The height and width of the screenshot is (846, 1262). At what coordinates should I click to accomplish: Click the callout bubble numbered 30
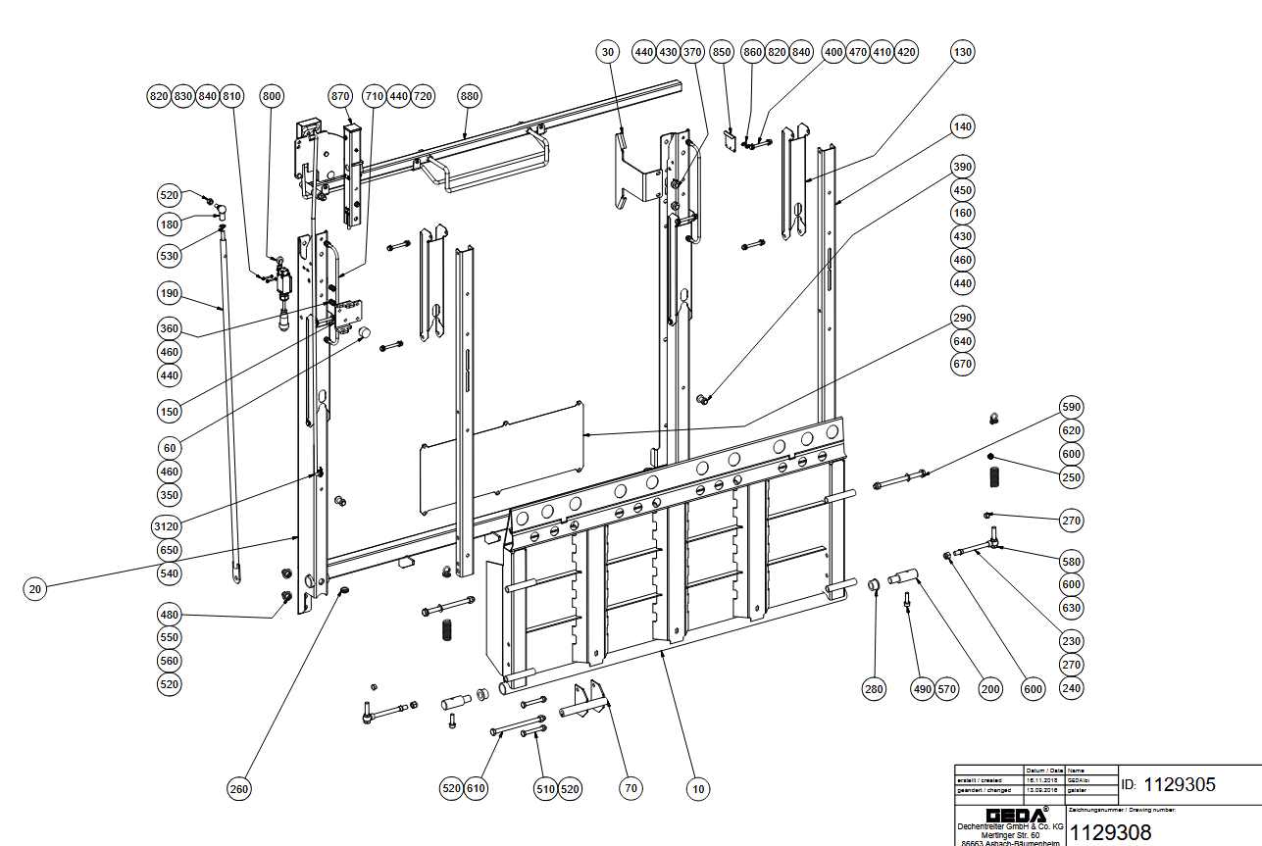607,51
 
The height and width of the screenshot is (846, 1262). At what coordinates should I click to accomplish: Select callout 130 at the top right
963,51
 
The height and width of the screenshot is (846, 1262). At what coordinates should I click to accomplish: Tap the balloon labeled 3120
170,526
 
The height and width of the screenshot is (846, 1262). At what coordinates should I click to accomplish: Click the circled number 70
631,788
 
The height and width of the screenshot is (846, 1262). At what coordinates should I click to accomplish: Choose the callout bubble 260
240,788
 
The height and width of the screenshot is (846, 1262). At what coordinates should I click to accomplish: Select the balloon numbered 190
170,292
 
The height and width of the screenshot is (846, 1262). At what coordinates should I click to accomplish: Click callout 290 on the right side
963,318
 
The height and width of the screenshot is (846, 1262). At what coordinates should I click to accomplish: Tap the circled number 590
1072,407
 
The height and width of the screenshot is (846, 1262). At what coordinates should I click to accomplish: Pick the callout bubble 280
874,689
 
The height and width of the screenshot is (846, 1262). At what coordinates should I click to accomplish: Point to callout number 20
35,589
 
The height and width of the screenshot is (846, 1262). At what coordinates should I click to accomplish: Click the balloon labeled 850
722,51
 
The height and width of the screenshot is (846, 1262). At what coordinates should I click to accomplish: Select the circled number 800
272,96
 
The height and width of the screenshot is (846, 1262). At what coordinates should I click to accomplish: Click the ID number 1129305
1181,784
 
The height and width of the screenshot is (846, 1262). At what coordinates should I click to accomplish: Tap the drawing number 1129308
1110,832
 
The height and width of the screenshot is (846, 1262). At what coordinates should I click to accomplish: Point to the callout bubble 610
477,788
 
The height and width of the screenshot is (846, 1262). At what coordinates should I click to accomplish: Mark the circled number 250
1072,477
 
